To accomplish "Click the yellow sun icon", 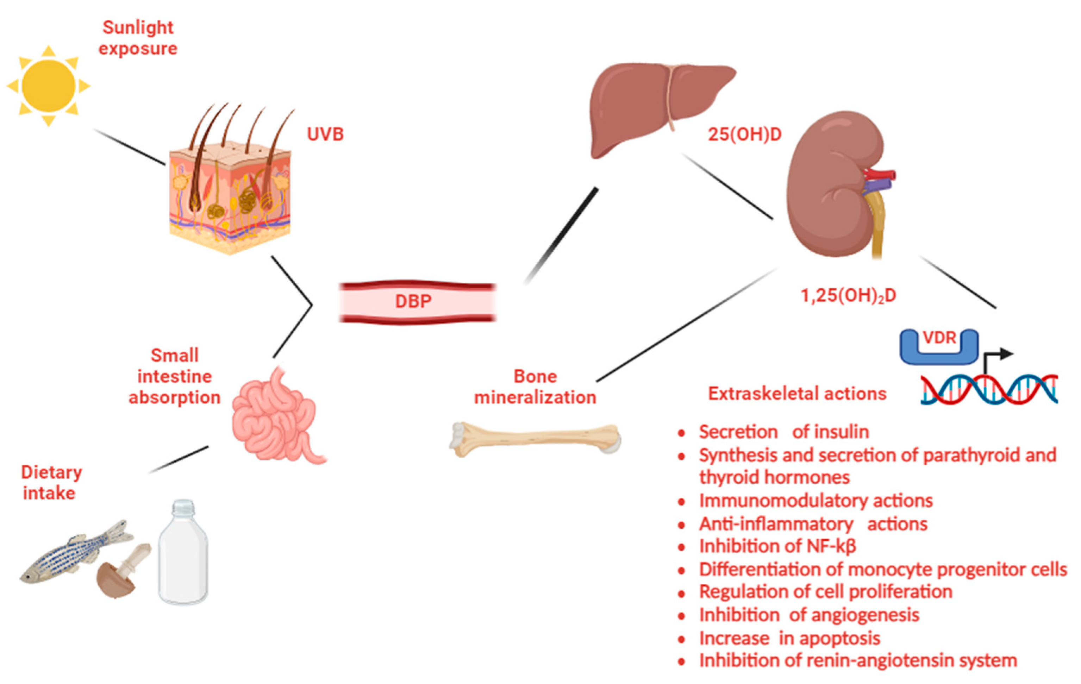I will click(49, 86).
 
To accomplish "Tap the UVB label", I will click(325, 134).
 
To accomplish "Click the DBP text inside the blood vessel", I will click(413, 301).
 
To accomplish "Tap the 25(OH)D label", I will click(745, 134).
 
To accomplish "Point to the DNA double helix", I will click(988, 390).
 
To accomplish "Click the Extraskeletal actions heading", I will click(797, 394).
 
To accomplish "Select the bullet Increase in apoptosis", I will click(789, 638).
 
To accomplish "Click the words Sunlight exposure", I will click(138, 38).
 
